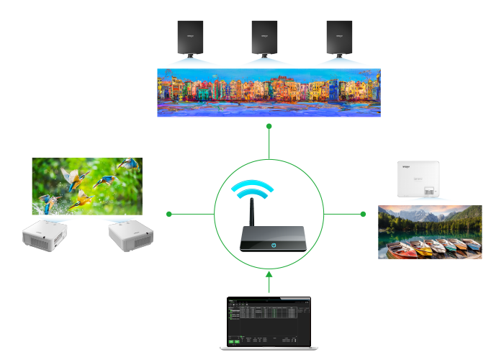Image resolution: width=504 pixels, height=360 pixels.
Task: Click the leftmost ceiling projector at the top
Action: point(191,37)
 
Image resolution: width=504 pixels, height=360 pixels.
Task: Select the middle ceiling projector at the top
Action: point(264,37)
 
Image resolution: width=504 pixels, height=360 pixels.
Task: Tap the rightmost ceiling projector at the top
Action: point(339,37)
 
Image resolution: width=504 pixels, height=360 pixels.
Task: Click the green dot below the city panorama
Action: point(269,126)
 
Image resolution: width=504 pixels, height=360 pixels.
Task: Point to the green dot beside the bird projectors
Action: point(169,214)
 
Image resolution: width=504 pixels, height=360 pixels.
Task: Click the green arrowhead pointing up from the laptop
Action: point(269,274)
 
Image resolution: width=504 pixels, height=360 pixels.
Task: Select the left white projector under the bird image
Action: point(45,235)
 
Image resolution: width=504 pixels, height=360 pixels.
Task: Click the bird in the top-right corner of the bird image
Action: point(127,165)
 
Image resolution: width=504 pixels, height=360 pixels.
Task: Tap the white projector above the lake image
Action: point(418,179)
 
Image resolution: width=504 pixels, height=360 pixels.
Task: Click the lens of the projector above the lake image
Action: point(429,192)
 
